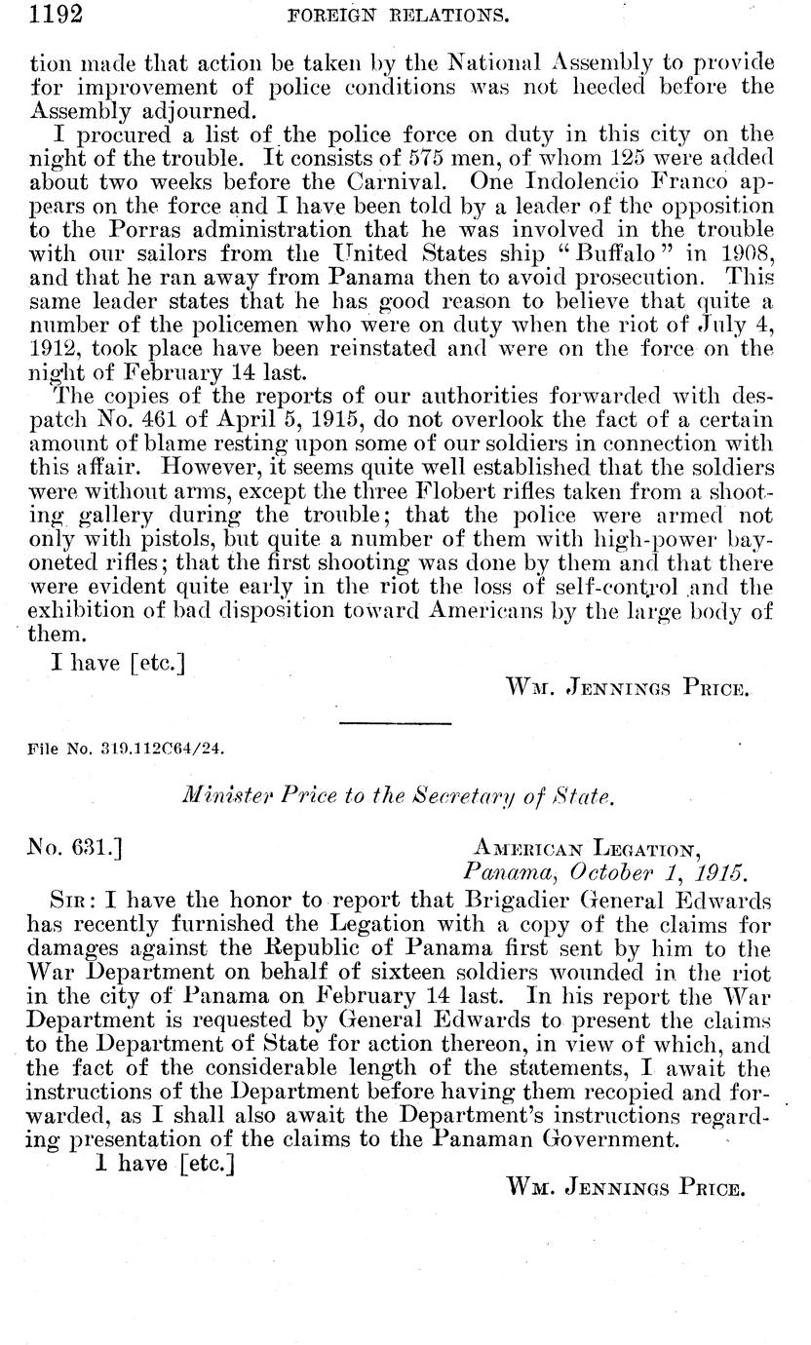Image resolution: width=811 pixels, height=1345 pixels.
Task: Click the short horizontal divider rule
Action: pyautogui.click(x=396, y=722)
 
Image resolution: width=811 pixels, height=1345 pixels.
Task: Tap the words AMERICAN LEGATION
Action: pyautogui.click(x=589, y=848)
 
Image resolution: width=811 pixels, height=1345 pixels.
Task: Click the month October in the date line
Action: pyautogui.click(x=603, y=871)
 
